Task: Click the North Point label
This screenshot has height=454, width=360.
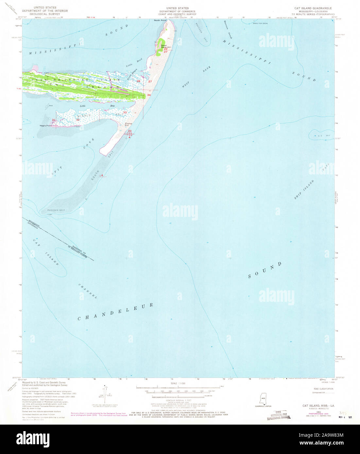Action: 160,21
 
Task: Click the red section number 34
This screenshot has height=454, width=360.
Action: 149,95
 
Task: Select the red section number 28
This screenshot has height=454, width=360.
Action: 138,81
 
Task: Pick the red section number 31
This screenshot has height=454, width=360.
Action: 54,120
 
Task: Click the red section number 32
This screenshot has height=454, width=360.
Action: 78,120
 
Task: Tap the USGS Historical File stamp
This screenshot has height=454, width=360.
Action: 278,414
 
